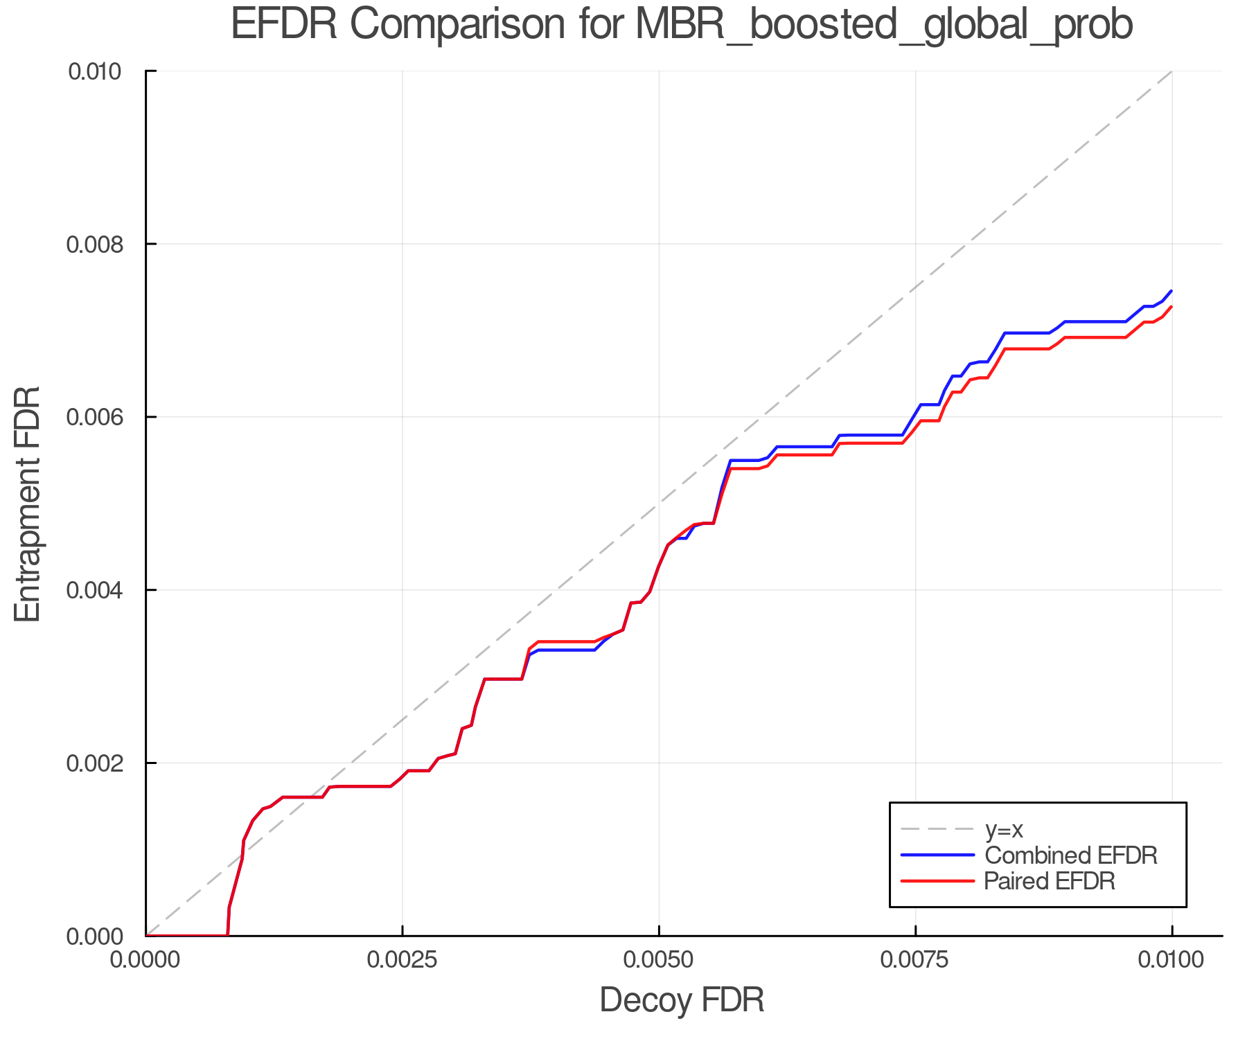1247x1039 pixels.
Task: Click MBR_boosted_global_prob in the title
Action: [x=883, y=25]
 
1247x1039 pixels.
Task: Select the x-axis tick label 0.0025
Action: [x=402, y=960]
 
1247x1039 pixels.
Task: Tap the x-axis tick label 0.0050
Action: [x=659, y=960]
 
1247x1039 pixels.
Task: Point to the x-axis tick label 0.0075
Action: [x=915, y=960]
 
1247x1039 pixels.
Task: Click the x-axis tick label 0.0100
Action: [x=1171, y=960]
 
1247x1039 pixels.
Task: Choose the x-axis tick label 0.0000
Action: [x=145, y=960]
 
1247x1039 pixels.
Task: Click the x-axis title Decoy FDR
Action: [x=682, y=1000]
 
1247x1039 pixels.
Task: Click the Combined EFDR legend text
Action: [x=1071, y=855]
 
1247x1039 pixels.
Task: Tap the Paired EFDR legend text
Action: [x=1050, y=881]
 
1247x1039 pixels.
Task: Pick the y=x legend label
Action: [x=1004, y=830]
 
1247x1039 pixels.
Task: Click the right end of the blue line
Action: [x=1171, y=291]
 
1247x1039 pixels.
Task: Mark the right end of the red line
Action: [x=1171, y=307]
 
